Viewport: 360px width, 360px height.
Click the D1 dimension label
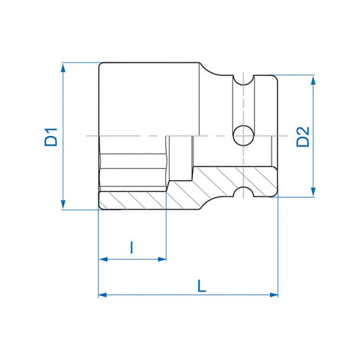(50, 137)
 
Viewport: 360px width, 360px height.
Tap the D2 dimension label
(303, 136)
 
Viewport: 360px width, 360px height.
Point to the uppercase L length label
(201, 286)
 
